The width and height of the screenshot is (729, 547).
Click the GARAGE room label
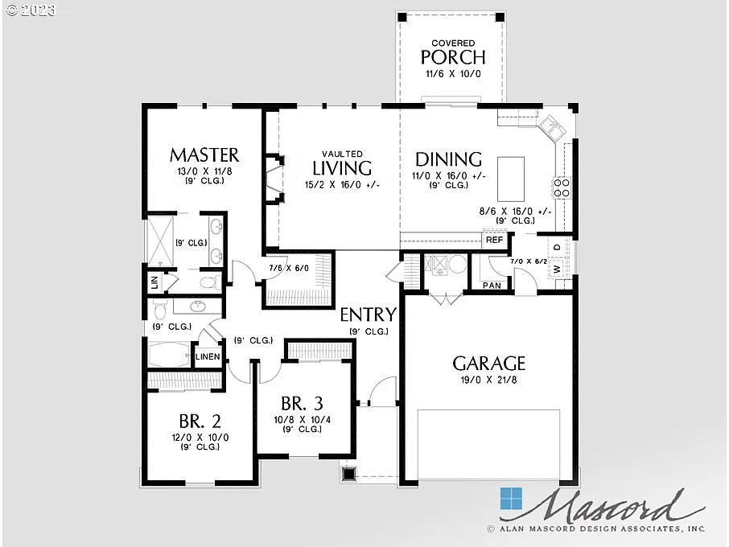[488, 363]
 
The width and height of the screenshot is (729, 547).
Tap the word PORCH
[453, 57]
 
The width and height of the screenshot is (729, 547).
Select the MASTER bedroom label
[204, 154]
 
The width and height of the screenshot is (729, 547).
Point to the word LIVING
[342, 168]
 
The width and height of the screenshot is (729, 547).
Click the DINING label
[448, 159]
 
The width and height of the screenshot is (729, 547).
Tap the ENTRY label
[368, 315]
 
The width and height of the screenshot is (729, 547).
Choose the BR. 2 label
[200, 421]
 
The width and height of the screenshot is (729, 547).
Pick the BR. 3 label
[302, 403]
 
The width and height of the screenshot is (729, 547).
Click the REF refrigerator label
[493, 240]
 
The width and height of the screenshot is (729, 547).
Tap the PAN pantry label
[492, 286]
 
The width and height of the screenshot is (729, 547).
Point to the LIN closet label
[154, 282]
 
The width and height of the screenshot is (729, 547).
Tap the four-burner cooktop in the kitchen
[561, 187]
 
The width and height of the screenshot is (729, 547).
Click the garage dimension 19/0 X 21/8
[488, 380]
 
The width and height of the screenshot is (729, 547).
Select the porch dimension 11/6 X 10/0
[452, 74]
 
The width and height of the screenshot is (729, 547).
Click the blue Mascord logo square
[511, 498]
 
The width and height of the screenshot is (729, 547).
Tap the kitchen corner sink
[553, 126]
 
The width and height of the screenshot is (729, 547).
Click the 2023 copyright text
[37, 11]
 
